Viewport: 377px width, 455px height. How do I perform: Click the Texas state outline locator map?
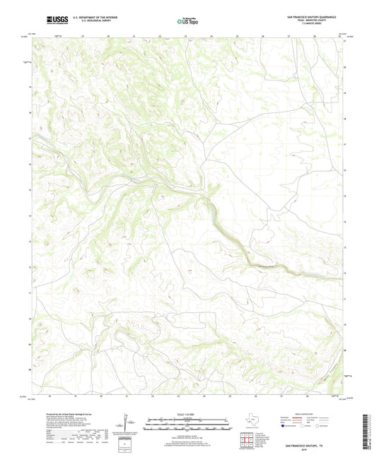tap(251, 423)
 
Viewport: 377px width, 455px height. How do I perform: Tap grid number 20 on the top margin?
tap(108, 34)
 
